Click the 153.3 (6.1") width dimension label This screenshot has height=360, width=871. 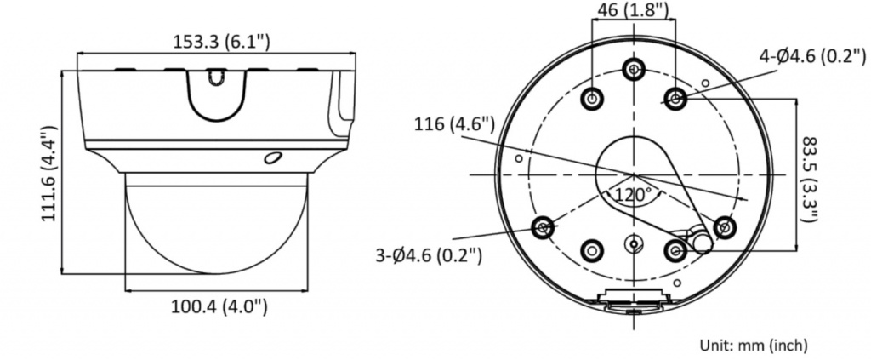point(221,42)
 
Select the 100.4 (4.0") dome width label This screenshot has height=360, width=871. point(219,306)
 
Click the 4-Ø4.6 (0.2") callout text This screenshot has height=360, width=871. point(812,55)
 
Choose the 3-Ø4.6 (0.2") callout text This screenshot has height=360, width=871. point(429,255)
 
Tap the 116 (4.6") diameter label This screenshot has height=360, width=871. point(454,124)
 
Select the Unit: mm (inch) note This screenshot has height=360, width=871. point(754,345)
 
